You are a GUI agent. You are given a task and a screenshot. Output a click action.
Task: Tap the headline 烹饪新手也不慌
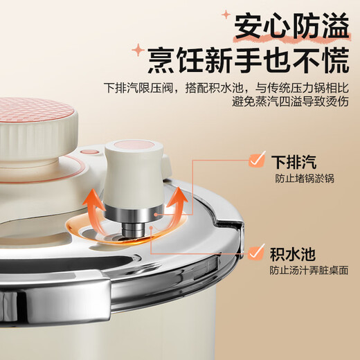248,62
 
